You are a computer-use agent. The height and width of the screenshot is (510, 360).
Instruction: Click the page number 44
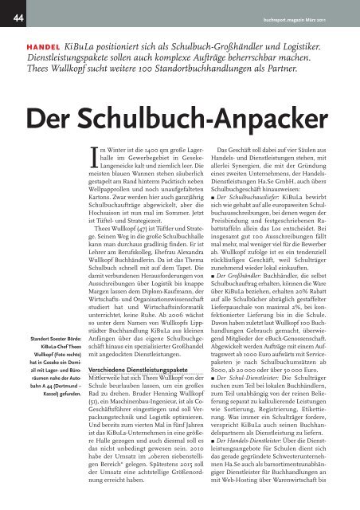tap(16, 11)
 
